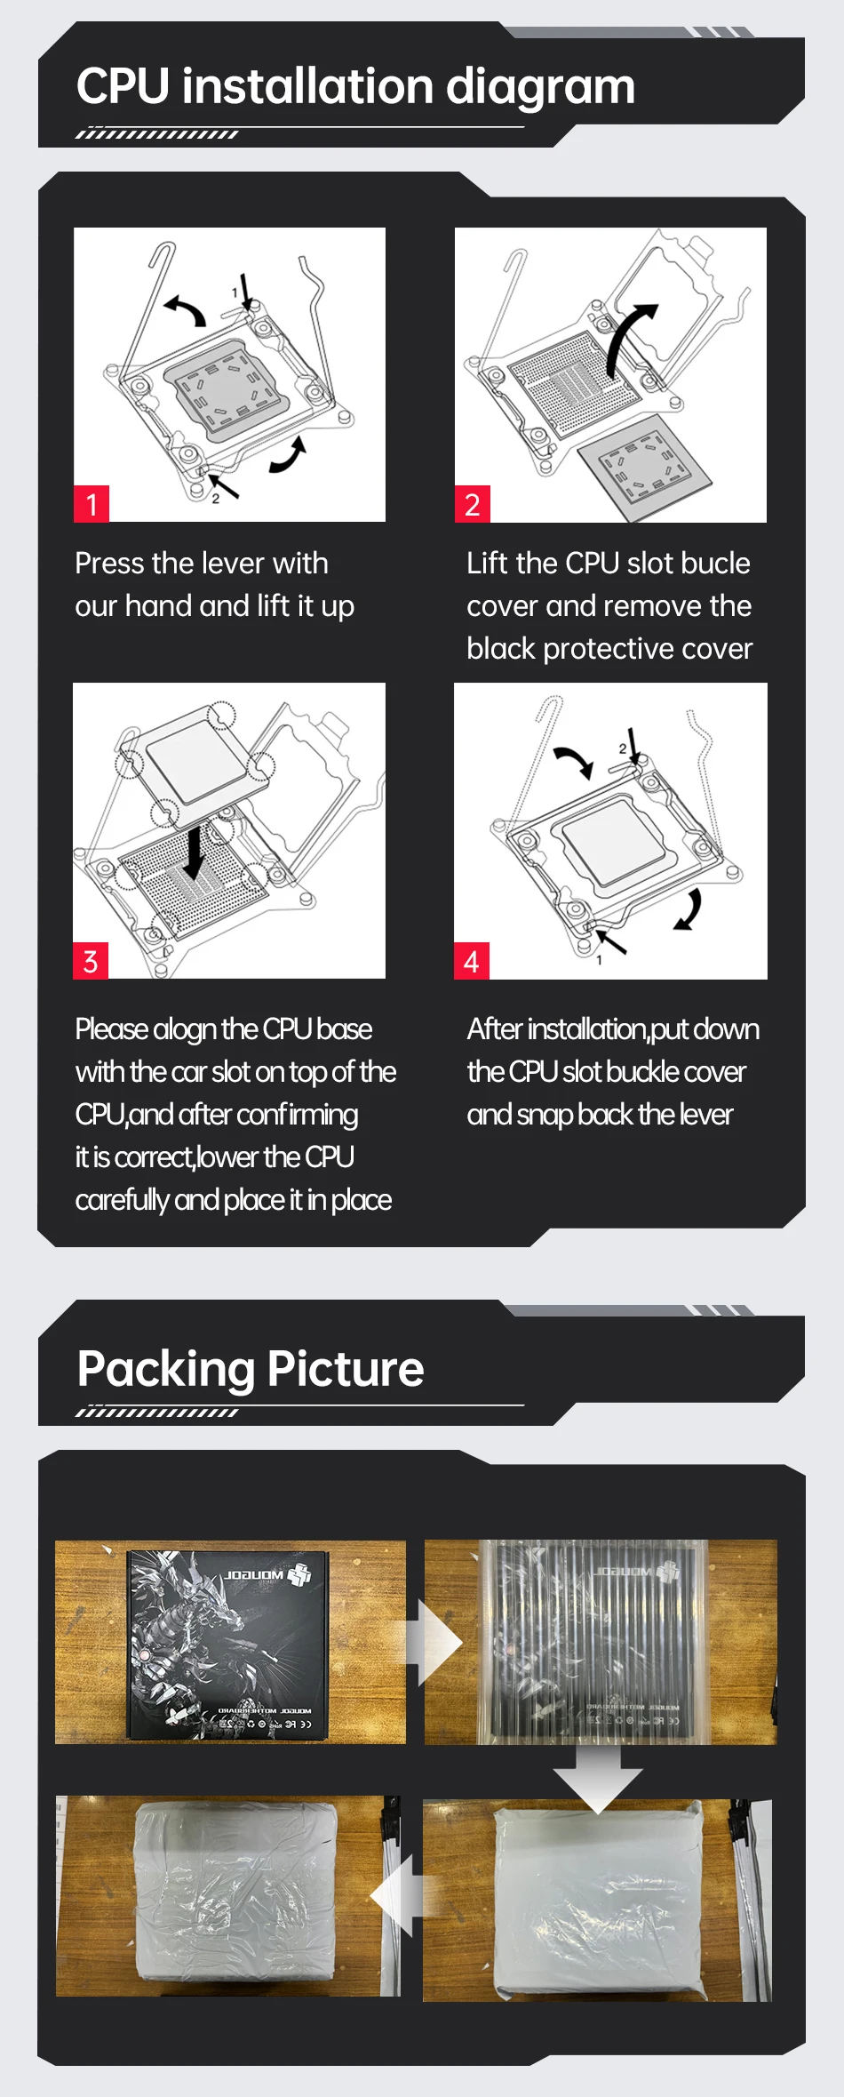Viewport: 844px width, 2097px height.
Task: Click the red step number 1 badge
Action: tap(92, 504)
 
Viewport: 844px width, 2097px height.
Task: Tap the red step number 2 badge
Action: tap(472, 504)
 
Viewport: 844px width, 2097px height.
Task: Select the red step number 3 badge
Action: tap(91, 961)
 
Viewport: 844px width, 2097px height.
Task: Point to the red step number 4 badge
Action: tap(471, 961)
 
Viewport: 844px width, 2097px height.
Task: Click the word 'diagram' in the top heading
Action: tap(540, 87)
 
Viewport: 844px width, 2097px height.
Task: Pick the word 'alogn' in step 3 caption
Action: tap(185, 1029)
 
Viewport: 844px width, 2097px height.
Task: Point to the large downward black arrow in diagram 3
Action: tap(195, 852)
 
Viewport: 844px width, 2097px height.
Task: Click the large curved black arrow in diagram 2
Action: tap(626, 341)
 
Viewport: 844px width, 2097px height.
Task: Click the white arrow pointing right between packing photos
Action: tap(437, 1644)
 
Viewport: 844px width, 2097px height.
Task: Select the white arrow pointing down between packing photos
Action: tap(598, 1778)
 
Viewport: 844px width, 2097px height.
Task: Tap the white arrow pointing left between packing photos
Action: tap(395, 1896)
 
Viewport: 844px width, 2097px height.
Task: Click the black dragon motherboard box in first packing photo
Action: tap(228, 1644)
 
